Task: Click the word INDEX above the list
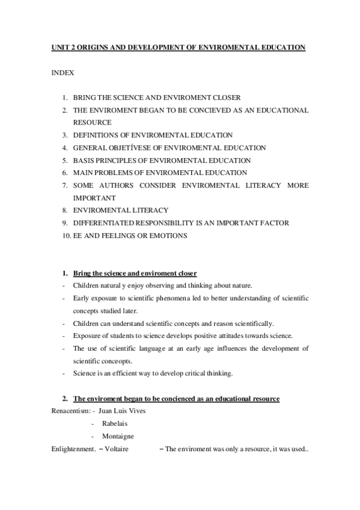coord(63,73)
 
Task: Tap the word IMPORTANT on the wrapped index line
coord(94,198)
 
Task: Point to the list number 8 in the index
coord(64,210)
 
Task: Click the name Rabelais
coord(115,423)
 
